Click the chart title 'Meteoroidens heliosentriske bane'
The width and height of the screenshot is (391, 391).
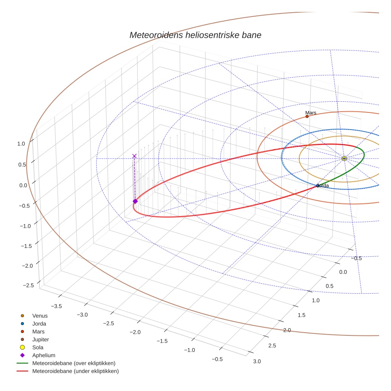tap(195, 35)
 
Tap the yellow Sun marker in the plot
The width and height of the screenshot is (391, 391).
tap(344, 159)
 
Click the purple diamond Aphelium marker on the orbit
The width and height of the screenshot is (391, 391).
tap(135, 201)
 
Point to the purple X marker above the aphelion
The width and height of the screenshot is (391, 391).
tap(134, 156)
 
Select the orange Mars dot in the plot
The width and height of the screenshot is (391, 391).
tap(307, 116)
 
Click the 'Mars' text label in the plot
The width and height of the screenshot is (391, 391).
tap(311, 113)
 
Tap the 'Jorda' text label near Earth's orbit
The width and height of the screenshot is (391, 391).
tap(323, 186)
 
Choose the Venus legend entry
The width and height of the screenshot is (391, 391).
tap(40, 316)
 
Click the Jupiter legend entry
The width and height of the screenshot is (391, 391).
tap(40, 339)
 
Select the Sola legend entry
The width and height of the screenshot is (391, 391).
tap(38, 347)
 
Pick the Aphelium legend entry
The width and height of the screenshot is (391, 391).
tap(43, 355)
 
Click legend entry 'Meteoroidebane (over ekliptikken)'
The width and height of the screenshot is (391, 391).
tap(74, 363)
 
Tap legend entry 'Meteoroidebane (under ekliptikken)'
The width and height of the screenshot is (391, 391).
tap(75, 371)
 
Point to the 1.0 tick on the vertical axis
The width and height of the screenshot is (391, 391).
tap(21, 144)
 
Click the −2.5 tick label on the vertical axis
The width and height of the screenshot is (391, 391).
tap(28, 285)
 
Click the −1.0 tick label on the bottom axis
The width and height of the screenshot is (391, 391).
tap(189, 350)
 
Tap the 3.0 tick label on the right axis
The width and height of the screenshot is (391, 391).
tap(257, 361)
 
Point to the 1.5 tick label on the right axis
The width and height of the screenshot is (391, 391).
tap(301, 315)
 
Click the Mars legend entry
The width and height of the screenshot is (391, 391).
tap(38, 331)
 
